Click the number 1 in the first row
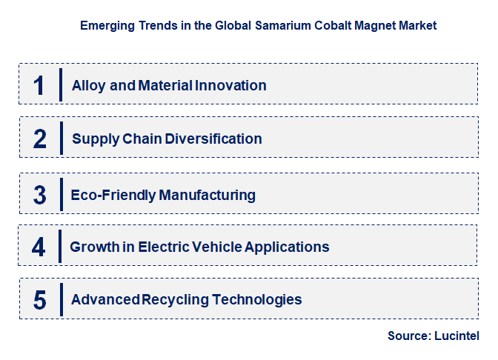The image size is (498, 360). point(39,85)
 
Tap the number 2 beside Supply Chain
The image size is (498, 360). point(40,139)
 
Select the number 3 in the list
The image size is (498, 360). point(40,195)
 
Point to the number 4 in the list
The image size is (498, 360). point(39,247)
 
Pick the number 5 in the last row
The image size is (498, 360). point(40,300)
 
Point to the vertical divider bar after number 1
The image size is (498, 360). point(61,85)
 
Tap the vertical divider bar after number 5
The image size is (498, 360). point(61,300)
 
